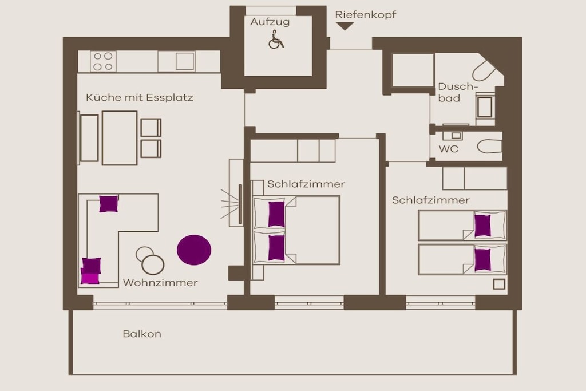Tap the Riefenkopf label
pos(365,15)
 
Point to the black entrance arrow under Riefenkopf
pos(345,26)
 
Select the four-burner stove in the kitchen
pos(103,61)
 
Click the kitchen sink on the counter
pos(185,61)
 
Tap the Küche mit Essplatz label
pos(140,97)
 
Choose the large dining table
pos(120,138)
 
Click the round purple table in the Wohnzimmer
pos(194,250)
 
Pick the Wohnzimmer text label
pos(160,283)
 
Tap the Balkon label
pos(142,334)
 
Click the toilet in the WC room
pos(490,147)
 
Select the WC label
pos(449,149)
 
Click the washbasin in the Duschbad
pos(485,105)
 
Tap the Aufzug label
pos(270,22)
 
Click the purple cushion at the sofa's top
pos(108,204)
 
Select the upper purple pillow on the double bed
pos(276,214)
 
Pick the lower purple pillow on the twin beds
pos(482,260)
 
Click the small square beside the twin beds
pos(499,284)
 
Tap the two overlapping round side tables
pos(151,260)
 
